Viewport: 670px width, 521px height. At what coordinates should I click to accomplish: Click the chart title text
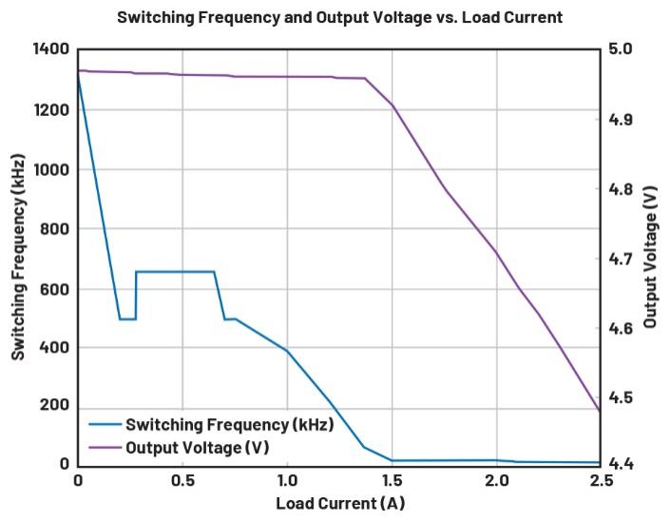[339, 17]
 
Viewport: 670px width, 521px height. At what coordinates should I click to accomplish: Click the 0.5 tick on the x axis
[182, 482]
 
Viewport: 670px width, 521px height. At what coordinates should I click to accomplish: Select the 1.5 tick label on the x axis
[392, 482]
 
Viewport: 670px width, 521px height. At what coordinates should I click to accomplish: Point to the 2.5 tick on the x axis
[600, 482]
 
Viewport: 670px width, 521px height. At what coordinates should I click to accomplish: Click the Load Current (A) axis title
[339, 503]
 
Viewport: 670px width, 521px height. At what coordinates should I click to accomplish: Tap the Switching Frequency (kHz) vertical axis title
[18, 257]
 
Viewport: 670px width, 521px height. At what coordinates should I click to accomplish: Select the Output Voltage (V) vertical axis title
[651, 257]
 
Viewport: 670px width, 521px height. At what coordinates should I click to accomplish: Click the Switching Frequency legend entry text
[229, 425]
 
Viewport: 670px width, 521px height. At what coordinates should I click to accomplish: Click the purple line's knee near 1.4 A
[365, 79]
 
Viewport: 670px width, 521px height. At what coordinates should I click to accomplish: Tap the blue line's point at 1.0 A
[287, 351]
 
